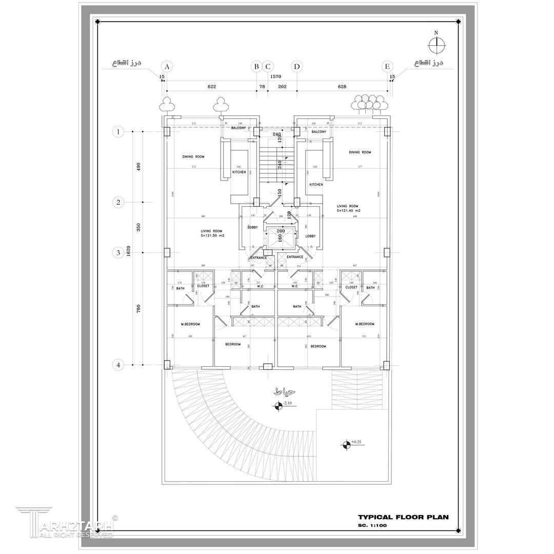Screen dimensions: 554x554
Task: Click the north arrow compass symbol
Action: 437,45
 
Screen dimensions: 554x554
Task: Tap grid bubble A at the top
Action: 166,66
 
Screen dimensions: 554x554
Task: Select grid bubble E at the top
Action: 387,66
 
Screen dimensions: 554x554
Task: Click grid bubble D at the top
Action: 296,66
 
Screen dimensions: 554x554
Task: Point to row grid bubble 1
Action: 118,132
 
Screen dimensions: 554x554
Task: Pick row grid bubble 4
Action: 118,365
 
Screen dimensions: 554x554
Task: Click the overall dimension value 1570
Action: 276,76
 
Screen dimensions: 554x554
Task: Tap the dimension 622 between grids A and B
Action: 211,87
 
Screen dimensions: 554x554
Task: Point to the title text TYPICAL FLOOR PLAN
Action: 403,517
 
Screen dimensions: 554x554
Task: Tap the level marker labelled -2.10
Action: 279,406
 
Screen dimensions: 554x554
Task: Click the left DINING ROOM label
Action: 193,156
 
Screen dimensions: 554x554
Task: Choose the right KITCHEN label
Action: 316,184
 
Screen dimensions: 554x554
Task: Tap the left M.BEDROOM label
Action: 190,324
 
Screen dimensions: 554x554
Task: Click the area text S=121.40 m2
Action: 348,211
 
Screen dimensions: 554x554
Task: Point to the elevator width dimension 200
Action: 281,231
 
